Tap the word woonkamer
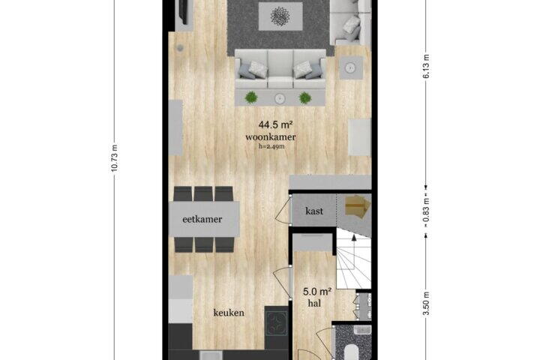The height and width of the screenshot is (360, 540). (x=270, y=137)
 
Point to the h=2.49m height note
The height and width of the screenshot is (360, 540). (x=271, y=146)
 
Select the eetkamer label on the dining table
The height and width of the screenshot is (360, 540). (x=202, y=219)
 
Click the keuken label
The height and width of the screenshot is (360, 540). (x=229, y=313)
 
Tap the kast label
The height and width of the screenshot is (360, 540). (x=314, y=211)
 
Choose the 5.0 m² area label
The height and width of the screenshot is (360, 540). (x=317, y=292)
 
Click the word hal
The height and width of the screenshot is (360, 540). (x=314, y=303)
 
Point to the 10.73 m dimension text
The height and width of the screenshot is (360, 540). (x=115, y=157)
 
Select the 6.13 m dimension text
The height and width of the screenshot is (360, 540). (x=426, y=67)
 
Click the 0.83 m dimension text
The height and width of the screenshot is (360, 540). (x=426, y=210)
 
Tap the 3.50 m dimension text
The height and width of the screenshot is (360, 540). (x=426, y=303)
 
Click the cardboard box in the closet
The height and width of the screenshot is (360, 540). (x=358, y=205)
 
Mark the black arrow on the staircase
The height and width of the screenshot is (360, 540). (x=354, y=237)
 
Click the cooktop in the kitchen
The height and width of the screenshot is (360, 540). (x=276, y=324)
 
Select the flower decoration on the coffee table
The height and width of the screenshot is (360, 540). (x=280, y=16)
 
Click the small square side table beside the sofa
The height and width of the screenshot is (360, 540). (x=351, y=67)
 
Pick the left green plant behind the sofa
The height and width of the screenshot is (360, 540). (x=251, y=97)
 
